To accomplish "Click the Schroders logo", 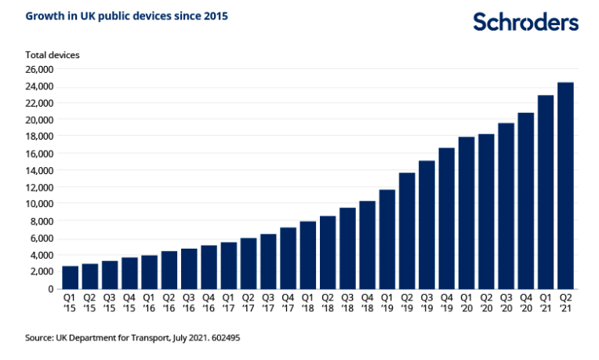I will pyautogui.click(x=525, y=22).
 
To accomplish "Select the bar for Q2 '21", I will pyautogui.click(x=565, y=186).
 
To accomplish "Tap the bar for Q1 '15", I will pyautogui.click(x=70, y=278).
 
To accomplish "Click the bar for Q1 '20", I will pyautogui.click(x=466, y=213).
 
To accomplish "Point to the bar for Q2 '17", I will pyautogui.click(x=249, y=264).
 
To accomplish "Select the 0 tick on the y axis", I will pyautogui.click(x=49, y=289).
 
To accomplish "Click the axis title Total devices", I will pyautogui.click(x=53, y=55).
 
